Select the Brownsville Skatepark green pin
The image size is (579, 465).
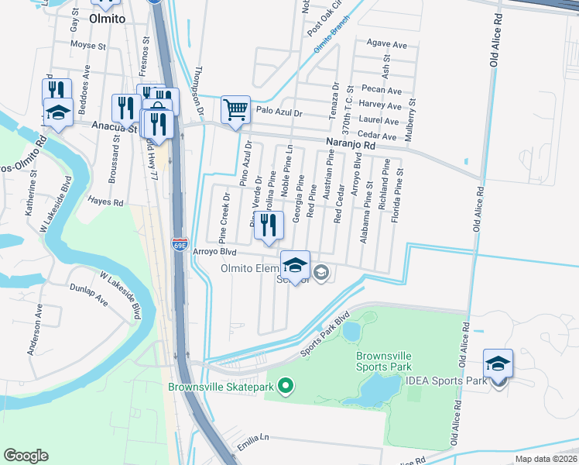286,384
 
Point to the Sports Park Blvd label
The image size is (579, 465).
327,335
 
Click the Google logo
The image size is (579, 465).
26,456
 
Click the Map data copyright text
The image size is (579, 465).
546,459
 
